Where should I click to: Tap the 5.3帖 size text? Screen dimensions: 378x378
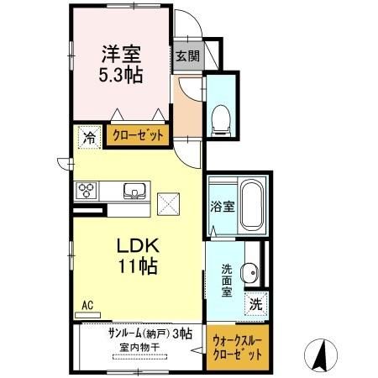point(121,75)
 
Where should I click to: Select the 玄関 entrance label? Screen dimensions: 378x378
point(187,56)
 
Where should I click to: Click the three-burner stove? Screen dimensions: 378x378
point(87,190)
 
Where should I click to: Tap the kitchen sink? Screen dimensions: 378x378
point(134,189)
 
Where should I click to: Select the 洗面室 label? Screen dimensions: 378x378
point(227,281)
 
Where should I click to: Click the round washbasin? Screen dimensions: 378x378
point(249,272)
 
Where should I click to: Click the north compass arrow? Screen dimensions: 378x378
point(322,353)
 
